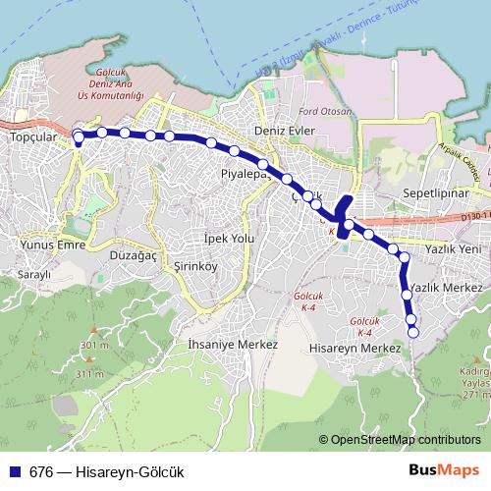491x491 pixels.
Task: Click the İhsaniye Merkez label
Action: click(233, 345)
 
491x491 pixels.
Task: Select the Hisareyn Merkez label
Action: click(355, 349)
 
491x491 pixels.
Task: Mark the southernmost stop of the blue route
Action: click(412, 332)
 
